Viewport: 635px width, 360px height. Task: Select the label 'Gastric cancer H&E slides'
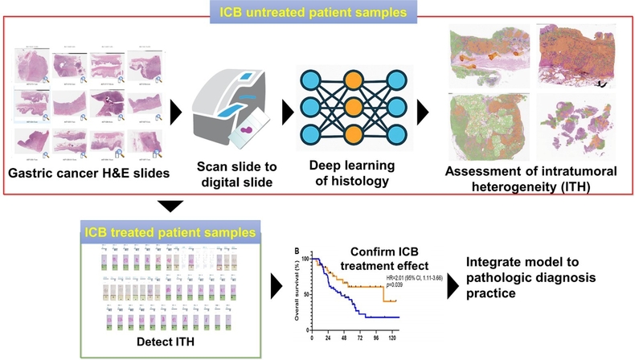coord(88,174)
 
